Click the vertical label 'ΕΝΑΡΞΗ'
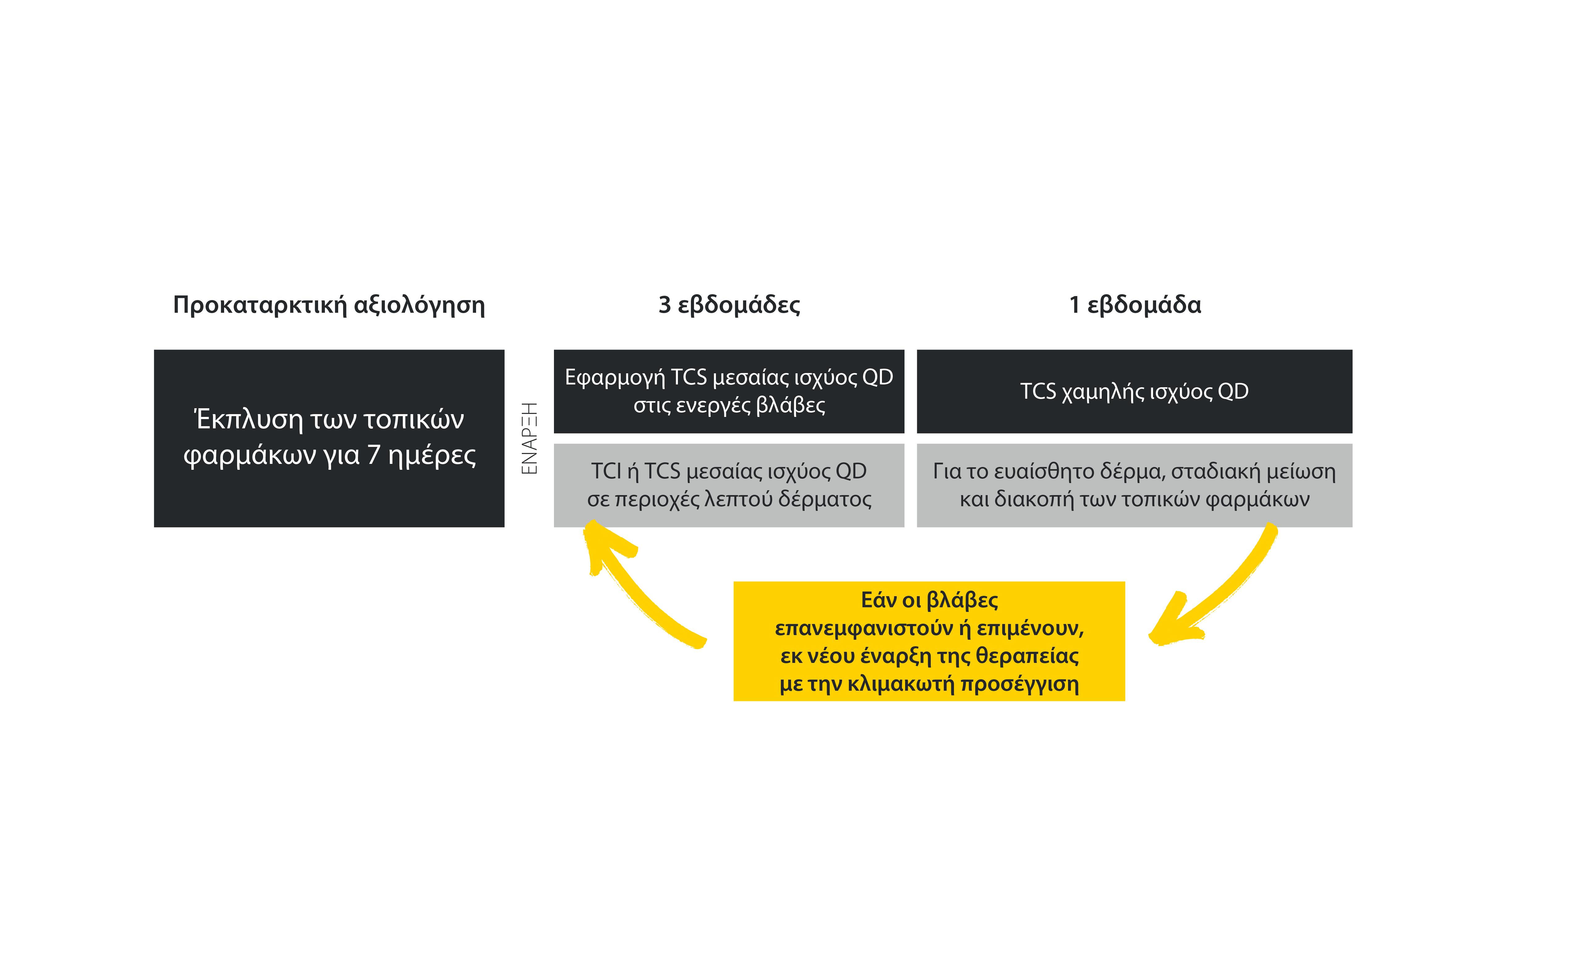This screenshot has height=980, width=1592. coord(530,438)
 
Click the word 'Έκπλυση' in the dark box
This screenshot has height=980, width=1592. coord(248,420)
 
